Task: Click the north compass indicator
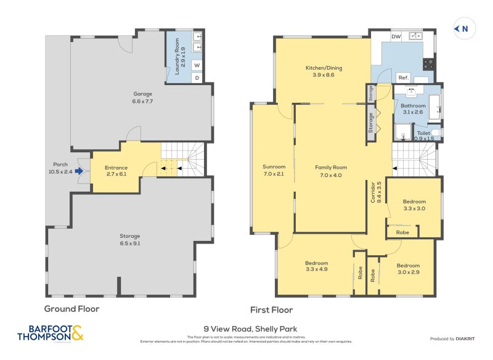[x=463, y=28]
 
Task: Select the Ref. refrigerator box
[x=404, y=78]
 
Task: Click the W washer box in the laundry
[x=197, y=65]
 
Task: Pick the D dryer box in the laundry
[x=197, y=78]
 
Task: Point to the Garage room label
[x=142, y=97]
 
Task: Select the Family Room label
[x=331, y=171]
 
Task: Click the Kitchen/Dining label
[x=324, y=71]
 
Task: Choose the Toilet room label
[x=424, y=136]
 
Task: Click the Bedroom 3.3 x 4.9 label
[x=317, y=266]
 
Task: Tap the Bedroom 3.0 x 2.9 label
[x=408, y=269]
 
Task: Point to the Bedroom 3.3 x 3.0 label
[x=414, y=205]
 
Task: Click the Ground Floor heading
[x=71, y=309]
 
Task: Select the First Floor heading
[x=271, y=310]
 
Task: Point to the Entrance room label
[x=116, y=171]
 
